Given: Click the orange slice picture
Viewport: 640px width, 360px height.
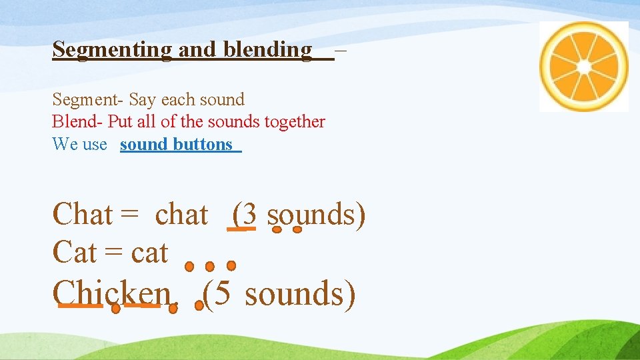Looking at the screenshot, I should click(584, 67).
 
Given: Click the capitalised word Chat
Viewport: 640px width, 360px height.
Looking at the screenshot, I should click(83, 215).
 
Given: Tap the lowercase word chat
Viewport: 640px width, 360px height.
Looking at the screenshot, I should click(181, 215).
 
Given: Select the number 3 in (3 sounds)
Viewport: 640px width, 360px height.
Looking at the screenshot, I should click(249, 215).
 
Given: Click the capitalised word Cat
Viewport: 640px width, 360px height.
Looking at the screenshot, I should click(75, 253).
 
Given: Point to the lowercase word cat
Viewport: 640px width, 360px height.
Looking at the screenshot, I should click(149, 253).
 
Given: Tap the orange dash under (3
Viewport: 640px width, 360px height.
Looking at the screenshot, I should click(241, 229).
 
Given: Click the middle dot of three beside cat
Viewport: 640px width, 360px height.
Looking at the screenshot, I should click(209, 266).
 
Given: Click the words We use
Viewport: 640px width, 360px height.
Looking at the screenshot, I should click(79, 144).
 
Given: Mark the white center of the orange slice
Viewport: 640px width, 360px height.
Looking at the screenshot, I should click(584, 67).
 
